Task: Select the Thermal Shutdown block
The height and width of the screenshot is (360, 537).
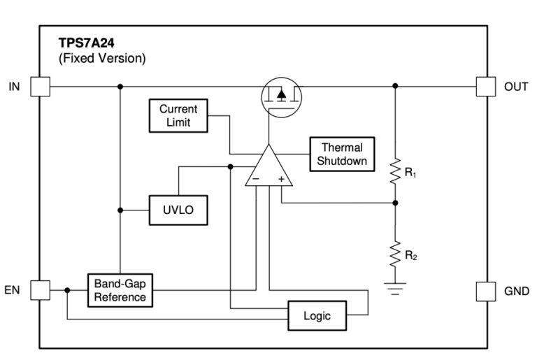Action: point(342,154)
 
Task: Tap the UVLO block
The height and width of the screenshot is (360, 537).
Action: point(178,210)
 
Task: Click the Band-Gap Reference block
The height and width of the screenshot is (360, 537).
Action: point(121,290)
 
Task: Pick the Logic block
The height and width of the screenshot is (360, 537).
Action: point(317,316)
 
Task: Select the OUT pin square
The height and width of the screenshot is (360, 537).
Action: point(485,87)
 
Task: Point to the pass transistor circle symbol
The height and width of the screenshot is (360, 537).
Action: point(280,96)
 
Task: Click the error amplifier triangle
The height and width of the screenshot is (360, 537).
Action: point(268,168)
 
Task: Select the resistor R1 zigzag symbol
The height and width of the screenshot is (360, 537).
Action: point(395,168)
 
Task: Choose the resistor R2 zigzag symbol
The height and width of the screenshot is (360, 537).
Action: point(395,252)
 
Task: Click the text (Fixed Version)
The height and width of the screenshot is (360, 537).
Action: point(102,59)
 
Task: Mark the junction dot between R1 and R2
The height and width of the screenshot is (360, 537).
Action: point(395,203)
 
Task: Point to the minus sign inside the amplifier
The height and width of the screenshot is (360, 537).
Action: point(256,180)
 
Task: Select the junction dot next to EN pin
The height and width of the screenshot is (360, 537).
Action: point(68,290)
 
